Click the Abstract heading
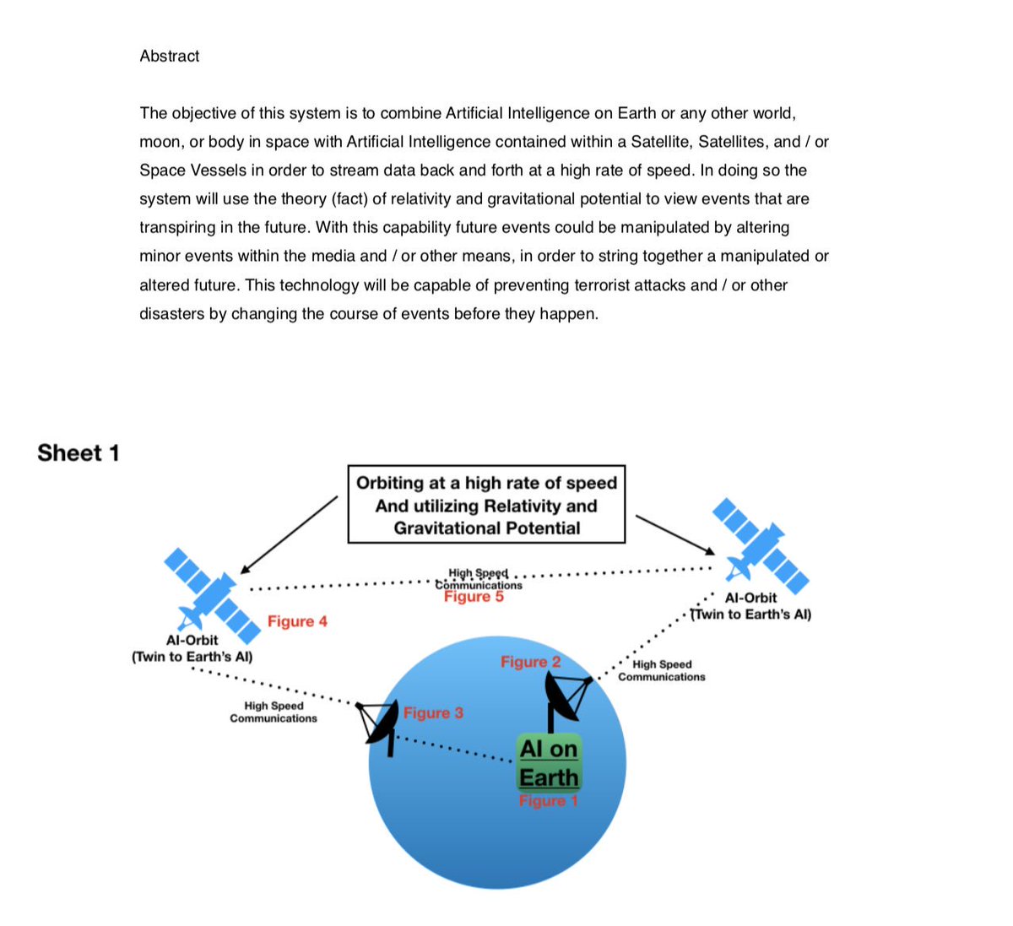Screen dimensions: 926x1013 [x=169, y=57]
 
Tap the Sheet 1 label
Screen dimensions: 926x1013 [x=79, y=453]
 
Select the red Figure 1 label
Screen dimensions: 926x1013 [x=548, y=801]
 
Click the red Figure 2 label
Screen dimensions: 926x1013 [x=530, y=663]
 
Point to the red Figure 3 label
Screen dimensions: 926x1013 [x=433, y=713]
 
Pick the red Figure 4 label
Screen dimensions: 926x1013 [x=297, y=622]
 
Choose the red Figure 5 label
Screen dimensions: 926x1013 [x=474, y=597]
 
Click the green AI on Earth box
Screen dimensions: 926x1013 [x=549, y=763]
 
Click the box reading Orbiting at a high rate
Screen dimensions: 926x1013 [x=486, y=505]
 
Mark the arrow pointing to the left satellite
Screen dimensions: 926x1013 [x=289, y=534]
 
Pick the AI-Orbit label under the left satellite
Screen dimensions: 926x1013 [x=192, y=641]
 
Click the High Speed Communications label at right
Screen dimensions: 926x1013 [x=662, y=671]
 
